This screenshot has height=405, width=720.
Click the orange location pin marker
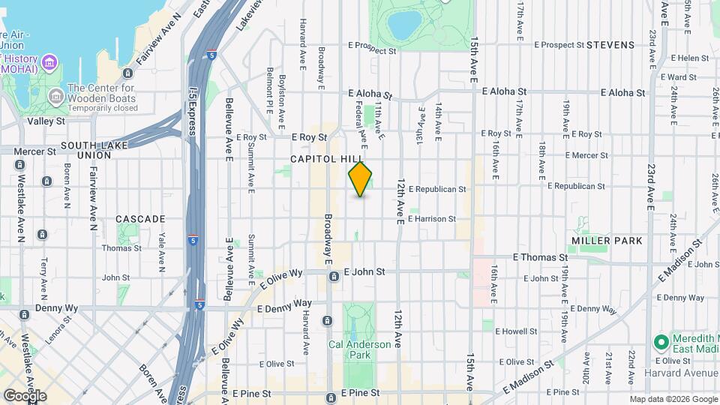click(x=361, y=179)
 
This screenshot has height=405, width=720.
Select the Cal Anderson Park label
click(x=349, y=350)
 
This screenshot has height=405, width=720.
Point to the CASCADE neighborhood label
click(x=140, y=219)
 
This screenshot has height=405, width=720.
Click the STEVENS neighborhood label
click(x=610, y=45)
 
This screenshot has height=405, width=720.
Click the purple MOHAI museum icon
click(x=49, y=60)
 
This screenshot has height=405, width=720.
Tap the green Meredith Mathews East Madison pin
click(x=661, y=343)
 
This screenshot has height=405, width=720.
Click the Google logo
click(x=25, y=395)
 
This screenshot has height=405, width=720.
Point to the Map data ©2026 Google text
click(x=672, y=399)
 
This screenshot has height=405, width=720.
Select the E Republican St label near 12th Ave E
click(x=442, y=190)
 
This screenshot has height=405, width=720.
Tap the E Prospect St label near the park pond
click(x=371, y=51)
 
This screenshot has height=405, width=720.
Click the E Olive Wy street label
click(x=280, y=280)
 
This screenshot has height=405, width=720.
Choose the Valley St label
click(x=46, y=121)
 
